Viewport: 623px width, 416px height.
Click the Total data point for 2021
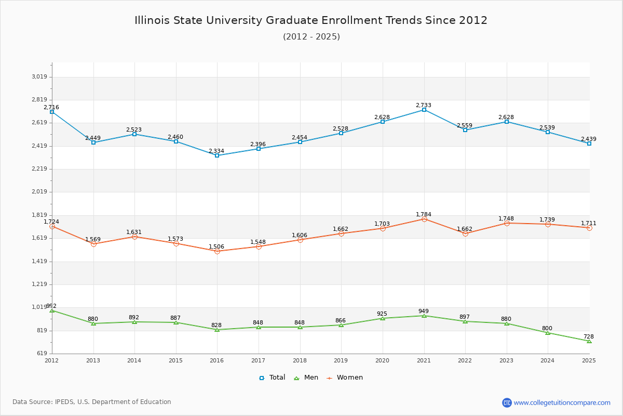424,110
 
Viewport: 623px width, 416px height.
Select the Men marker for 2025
589,341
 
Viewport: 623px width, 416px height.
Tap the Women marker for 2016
217,251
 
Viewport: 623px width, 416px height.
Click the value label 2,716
51,107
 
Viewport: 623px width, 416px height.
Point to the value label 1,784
424,214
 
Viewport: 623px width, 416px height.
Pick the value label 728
588,336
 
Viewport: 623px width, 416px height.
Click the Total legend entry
272,378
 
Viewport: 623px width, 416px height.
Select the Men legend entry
306,378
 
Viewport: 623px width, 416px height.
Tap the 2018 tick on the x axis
300,360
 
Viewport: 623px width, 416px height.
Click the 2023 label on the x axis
506,360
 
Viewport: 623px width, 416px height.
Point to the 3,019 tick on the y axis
39,77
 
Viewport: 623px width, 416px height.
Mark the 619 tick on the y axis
42,354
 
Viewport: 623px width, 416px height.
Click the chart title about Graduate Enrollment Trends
311,20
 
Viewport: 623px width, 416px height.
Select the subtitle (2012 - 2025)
311,36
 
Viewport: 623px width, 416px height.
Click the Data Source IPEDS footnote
92,402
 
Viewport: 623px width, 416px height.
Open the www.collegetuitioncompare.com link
562,402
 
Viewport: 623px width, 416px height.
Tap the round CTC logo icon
507,402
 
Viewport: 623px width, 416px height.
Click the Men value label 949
424,311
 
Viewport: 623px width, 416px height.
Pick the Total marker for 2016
217,155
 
